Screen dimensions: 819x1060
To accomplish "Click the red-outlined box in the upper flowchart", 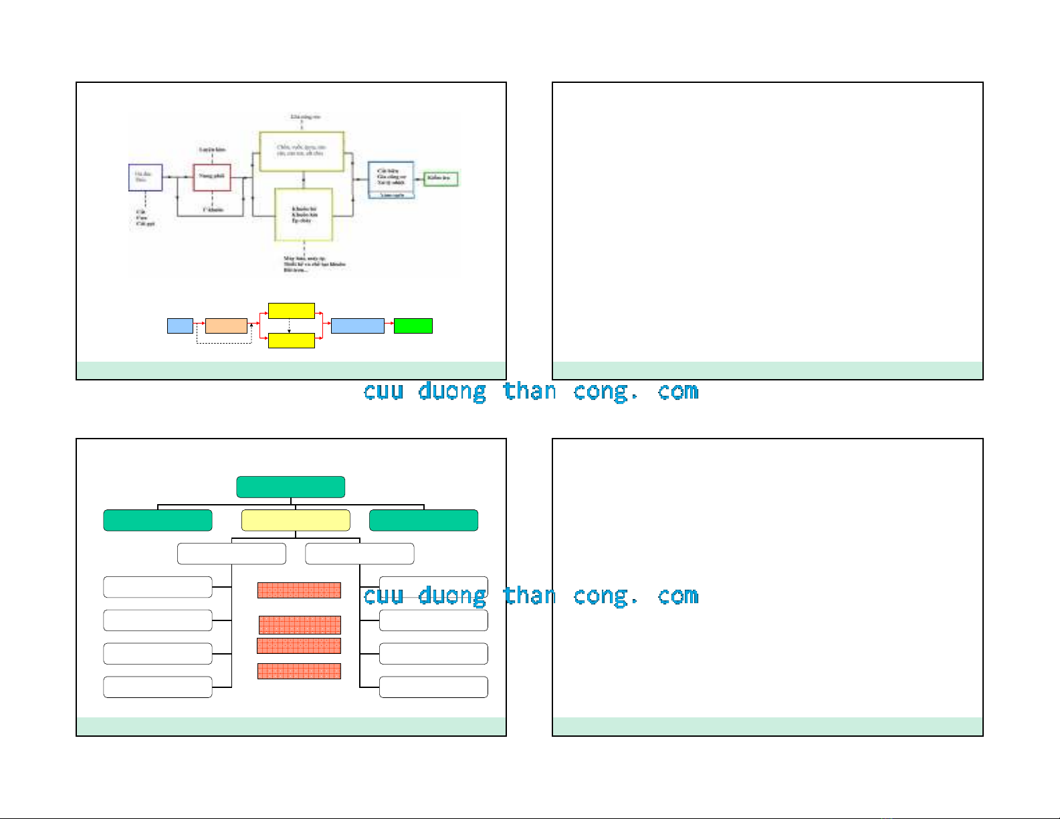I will coord(212,177).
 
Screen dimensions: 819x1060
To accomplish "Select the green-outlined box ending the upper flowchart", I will coord(441,179).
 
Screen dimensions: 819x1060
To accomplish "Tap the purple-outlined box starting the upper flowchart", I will coord(145,177).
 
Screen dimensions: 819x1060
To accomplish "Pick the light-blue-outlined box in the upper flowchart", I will coord(391,179).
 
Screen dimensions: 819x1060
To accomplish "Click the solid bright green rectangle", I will coord(413,326).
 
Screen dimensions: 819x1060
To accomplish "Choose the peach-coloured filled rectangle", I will coord(226,326).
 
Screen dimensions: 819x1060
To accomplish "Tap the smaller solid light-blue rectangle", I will coord(180,326).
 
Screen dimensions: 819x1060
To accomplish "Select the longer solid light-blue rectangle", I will coord(357,326).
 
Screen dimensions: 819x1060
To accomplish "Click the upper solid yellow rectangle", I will coord(291,311).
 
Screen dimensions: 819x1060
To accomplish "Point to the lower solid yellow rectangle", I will coord(291,340).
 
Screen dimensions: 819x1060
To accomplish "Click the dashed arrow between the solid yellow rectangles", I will coord(289,326).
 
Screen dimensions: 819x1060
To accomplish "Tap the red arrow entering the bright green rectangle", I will coord(389,326).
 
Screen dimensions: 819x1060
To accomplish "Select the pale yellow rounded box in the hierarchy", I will coord(295,520).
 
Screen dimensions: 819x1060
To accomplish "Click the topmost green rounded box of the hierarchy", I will coord(290,487).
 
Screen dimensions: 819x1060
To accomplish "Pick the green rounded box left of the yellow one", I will coord(158,520).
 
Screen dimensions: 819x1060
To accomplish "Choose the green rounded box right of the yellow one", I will coord(423,520).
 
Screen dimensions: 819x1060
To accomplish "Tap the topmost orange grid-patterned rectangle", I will coord(299,590).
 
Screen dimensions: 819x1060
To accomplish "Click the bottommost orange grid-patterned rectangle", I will coord(299,671).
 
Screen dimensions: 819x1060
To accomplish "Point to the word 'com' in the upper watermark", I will coord(678,391).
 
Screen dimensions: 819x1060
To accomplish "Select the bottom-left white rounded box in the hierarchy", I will coord(158,687).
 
